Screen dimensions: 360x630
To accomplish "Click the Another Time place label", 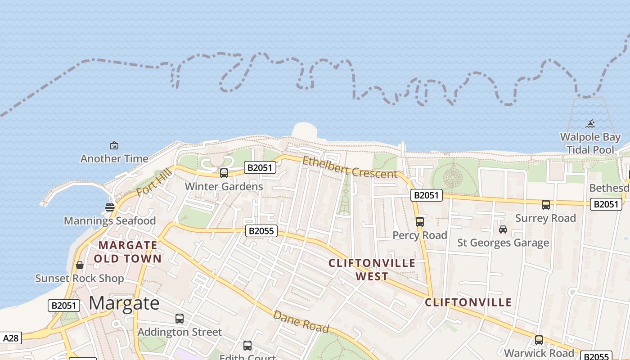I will coord(114,158).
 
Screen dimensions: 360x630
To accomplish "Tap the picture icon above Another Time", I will coord(114,145).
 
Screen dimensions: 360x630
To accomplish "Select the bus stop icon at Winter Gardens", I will coord(224,173).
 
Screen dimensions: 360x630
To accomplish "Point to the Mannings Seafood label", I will coord(110,220).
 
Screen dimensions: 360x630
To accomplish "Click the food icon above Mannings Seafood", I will coord(110,207).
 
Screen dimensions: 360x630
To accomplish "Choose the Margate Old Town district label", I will coord(128,252).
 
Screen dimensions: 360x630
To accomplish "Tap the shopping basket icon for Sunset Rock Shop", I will coord(80,265).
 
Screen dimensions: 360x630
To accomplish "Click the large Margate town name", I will coord(124,304).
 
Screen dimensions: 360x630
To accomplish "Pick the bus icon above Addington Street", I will coord(180,319).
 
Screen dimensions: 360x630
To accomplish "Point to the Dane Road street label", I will coord(301,321).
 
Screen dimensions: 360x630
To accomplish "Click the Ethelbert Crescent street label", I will coord(350,167).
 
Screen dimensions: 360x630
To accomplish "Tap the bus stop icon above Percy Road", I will coord(420,221).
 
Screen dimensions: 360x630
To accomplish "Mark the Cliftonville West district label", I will coord(372,270).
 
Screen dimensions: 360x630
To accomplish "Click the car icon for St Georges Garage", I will coord(503,229).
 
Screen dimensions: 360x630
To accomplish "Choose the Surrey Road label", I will coord(545,218).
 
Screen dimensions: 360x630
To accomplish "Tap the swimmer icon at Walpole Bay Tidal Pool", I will coord(591,123).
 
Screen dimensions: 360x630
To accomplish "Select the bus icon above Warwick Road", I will coord(539,340).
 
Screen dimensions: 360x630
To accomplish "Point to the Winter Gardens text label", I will coord(224,186).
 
